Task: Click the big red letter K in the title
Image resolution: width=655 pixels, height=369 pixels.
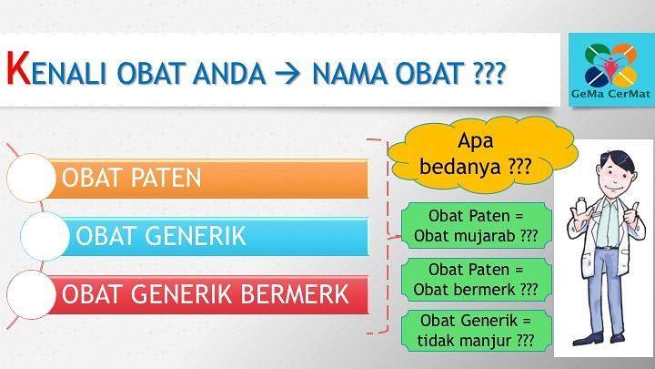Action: pos(19,67)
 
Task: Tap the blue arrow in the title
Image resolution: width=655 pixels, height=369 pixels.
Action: pos(287,73)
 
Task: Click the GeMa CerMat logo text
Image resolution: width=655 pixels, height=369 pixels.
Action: pos(610,94)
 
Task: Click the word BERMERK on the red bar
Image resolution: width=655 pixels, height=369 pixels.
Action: pos(295,294)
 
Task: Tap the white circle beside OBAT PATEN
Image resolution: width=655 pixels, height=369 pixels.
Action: pos(31,179)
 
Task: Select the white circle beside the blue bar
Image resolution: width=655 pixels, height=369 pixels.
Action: pos(45,236)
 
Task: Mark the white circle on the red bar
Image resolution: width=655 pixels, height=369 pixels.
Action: pos(31,294)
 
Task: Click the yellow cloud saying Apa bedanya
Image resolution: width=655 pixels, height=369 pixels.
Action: pos(482,154)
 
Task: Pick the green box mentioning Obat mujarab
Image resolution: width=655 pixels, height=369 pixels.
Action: pos(476,226)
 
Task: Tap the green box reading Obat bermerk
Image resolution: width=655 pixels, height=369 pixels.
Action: pos(476,280)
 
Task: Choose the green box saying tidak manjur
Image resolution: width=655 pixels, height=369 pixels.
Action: pos(476,331)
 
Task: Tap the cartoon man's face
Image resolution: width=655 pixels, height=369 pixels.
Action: pos(615,176)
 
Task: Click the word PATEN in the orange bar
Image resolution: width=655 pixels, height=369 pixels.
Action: pos(166,178)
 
